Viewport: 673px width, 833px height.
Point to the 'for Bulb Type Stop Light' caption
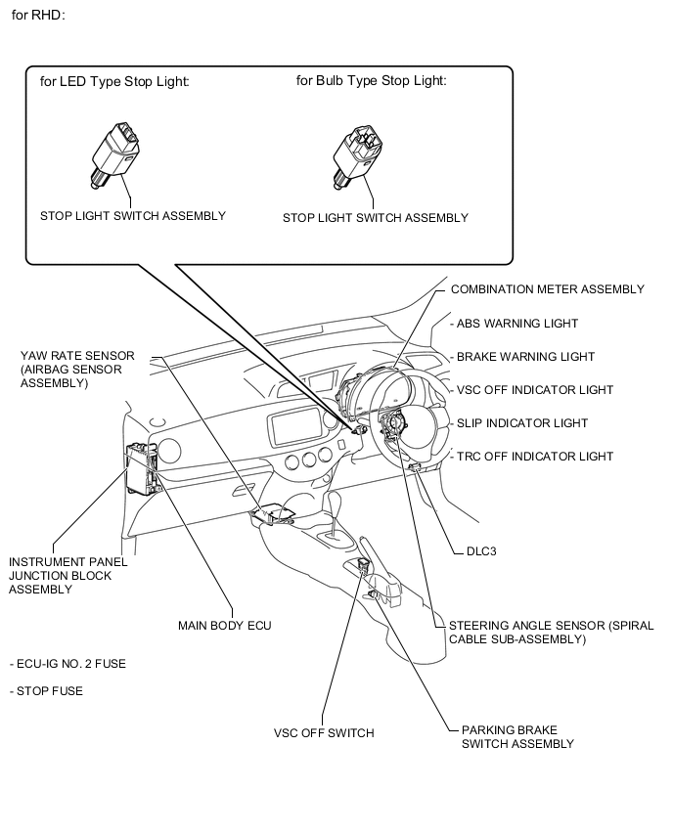coord(372,81)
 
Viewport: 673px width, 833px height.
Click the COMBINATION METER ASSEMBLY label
coord(547,289)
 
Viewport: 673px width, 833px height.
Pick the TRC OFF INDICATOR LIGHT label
coord(534,457)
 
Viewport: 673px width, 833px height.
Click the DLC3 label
coord(474,551)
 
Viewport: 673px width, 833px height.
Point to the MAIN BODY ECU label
coord(224,624)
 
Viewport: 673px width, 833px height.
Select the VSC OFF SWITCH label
coord(324,732)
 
